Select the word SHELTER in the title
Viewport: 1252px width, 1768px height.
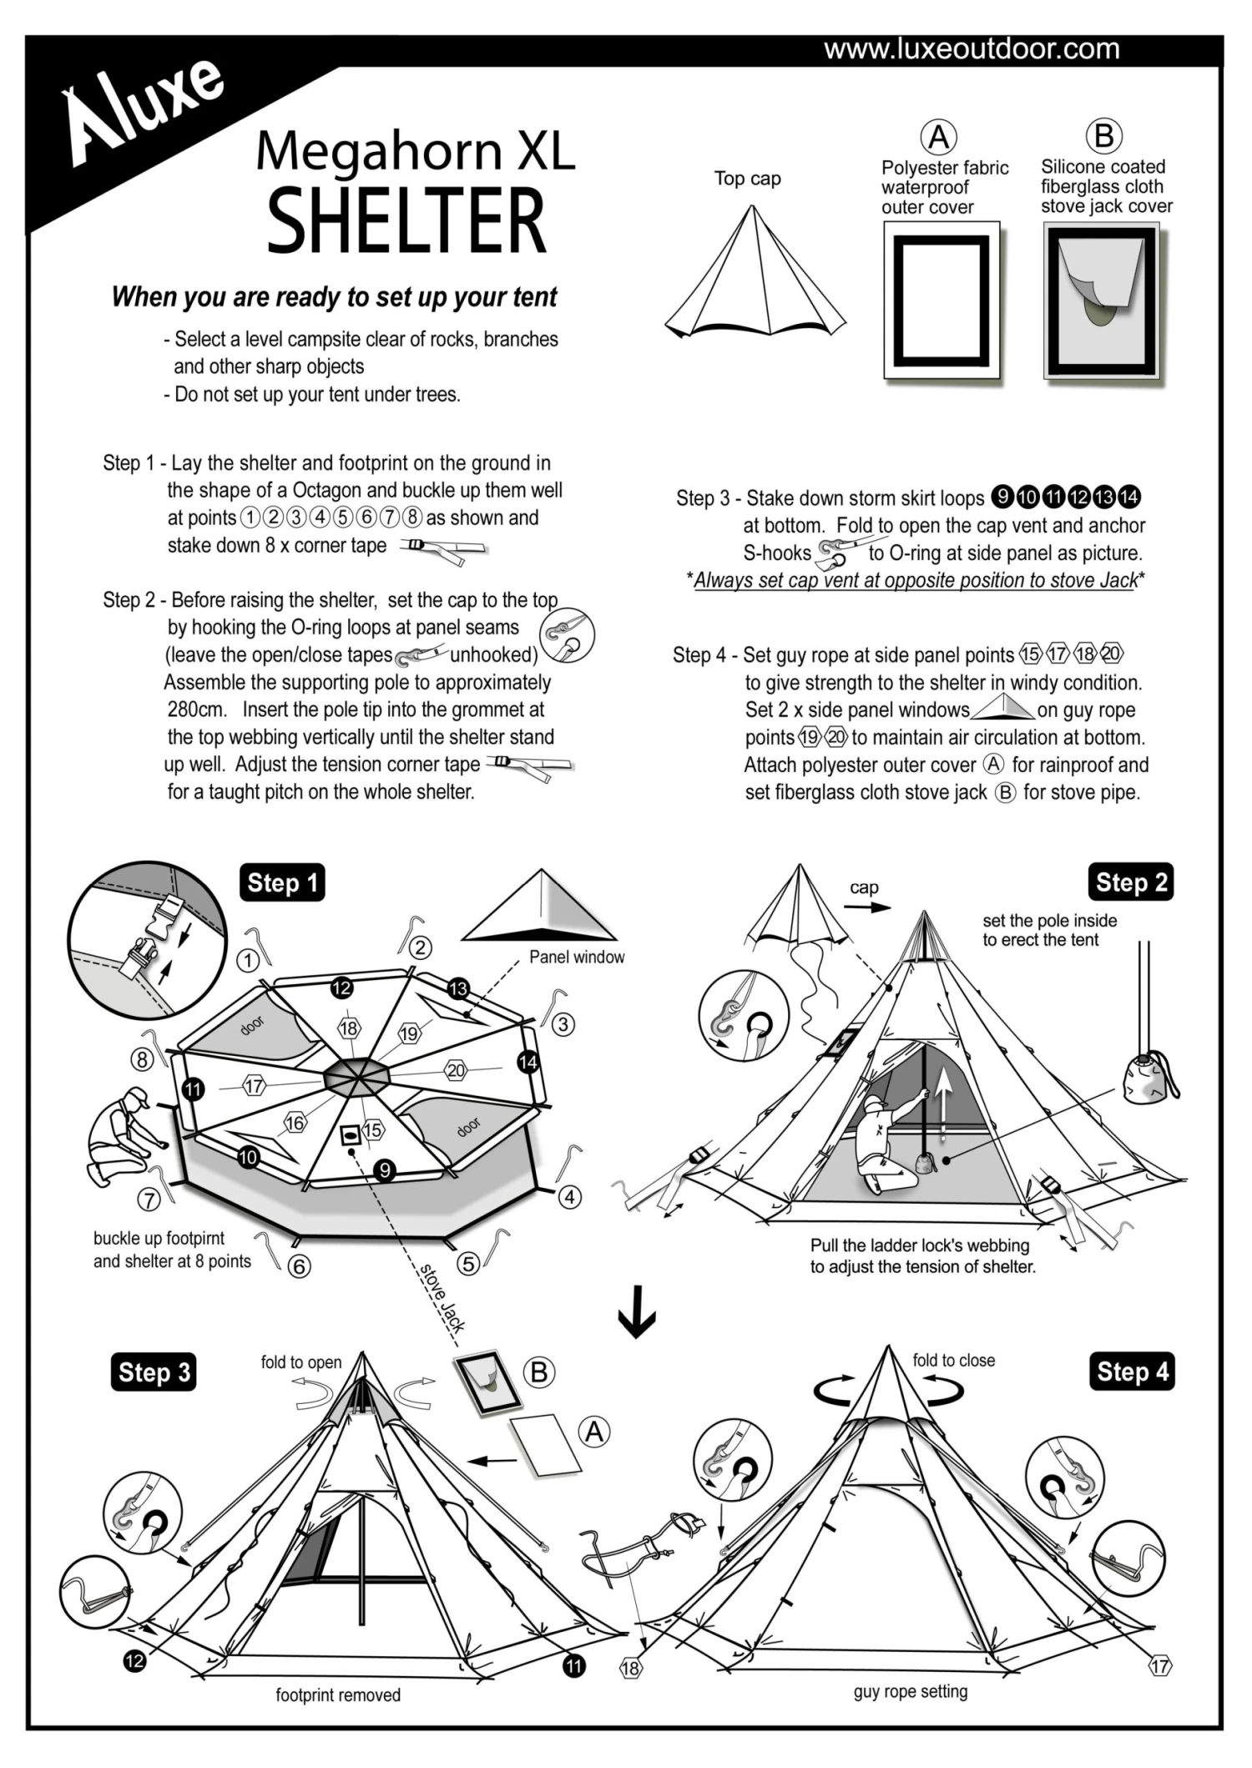[406, 220]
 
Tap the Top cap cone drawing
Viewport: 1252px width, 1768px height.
[755, 275]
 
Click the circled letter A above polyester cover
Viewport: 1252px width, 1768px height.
[938, 137]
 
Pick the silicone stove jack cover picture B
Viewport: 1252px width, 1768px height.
[1101, 303]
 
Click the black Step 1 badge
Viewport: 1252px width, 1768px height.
[283, 882]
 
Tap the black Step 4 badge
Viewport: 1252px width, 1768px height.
[1131, 1371]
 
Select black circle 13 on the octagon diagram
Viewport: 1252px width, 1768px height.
[458, 989]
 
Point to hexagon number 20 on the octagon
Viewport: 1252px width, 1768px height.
[456, 1070]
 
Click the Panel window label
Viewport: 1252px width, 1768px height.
[576, 957]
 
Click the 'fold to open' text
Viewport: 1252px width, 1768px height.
[300, 1362]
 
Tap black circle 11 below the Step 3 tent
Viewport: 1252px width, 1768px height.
[574, 1666]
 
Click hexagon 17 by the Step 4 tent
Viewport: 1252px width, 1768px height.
[1159, 1666]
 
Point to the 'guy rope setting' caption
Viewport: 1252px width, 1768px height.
[910, 1691]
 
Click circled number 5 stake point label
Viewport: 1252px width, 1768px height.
[469, 1264]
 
